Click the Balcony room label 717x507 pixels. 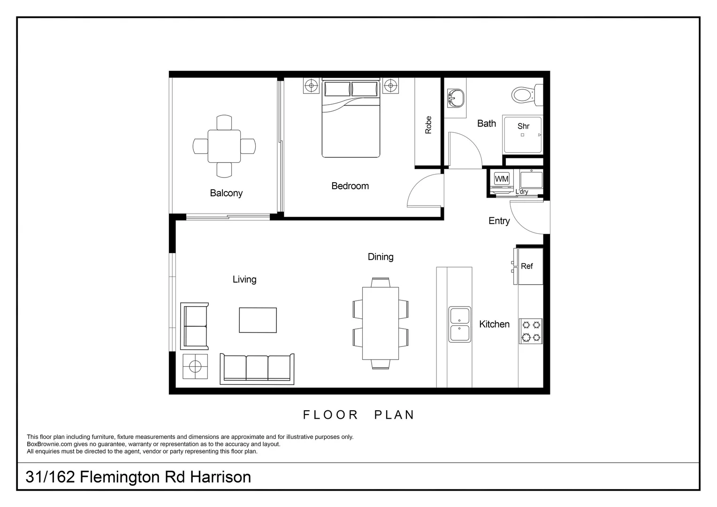pos(226,193)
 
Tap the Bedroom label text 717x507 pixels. pos(350,186)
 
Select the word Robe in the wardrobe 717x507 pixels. pos(428,125)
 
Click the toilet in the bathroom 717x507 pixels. pos(525,95)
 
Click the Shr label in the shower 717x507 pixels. pos(523,126)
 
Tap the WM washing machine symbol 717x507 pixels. pos(502,179)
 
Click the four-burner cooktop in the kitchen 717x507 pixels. pos(531,331)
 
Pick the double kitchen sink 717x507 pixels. pos(460,324)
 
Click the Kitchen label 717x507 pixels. pos(494,324)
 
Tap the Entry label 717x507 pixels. pos(499,221)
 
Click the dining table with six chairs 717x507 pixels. pos(381,323)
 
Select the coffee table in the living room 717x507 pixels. pos(258,320)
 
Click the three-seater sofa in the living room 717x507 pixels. pos(257,369)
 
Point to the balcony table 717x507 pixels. pos(224,146)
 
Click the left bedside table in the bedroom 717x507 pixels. pos(311,86)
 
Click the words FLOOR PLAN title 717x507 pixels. pos(358,415)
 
